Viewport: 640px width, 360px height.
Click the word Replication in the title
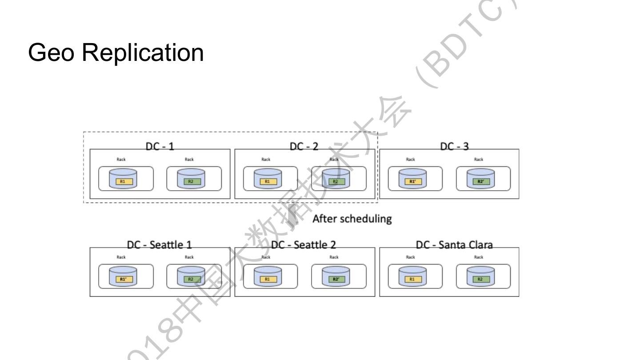point(143,52)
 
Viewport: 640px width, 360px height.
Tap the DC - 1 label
point(160,146)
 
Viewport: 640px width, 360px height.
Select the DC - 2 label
point(304,146)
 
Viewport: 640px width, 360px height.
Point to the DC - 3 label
point(454,146)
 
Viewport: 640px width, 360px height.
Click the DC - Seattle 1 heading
point(160,244)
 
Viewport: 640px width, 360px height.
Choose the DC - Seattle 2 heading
point(304,244)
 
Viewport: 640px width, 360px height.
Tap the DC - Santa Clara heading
point(454,244)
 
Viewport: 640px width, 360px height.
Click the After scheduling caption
point(352,219)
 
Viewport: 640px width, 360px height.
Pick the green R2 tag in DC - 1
point(191,181)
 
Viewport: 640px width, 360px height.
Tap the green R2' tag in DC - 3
point(480,181)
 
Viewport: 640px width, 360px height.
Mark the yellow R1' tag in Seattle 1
point(123,279)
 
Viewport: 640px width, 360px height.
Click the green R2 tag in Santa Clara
point(480,279)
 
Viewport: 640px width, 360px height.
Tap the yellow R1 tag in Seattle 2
point(268,279)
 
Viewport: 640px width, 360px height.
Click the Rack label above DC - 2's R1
point(266,159)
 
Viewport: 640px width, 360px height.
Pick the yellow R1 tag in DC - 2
point(268,181)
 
